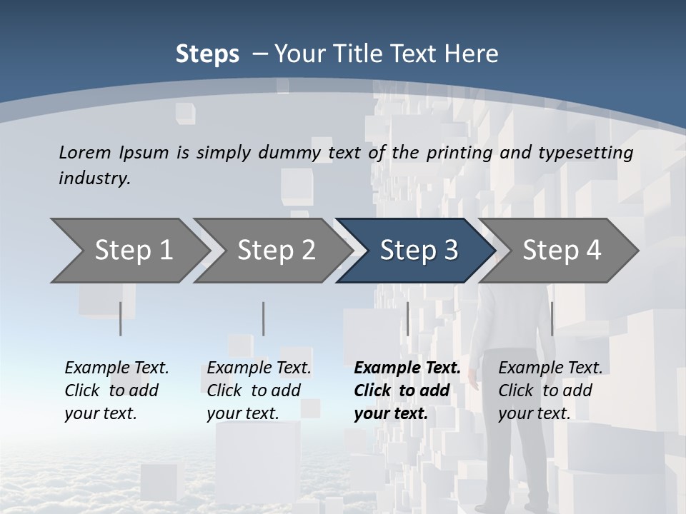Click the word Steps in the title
(207, 54)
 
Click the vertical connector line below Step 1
(121, 318)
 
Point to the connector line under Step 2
(264, 318)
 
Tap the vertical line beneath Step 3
(407, 318)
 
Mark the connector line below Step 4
(552, 318)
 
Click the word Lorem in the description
(85, 152)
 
